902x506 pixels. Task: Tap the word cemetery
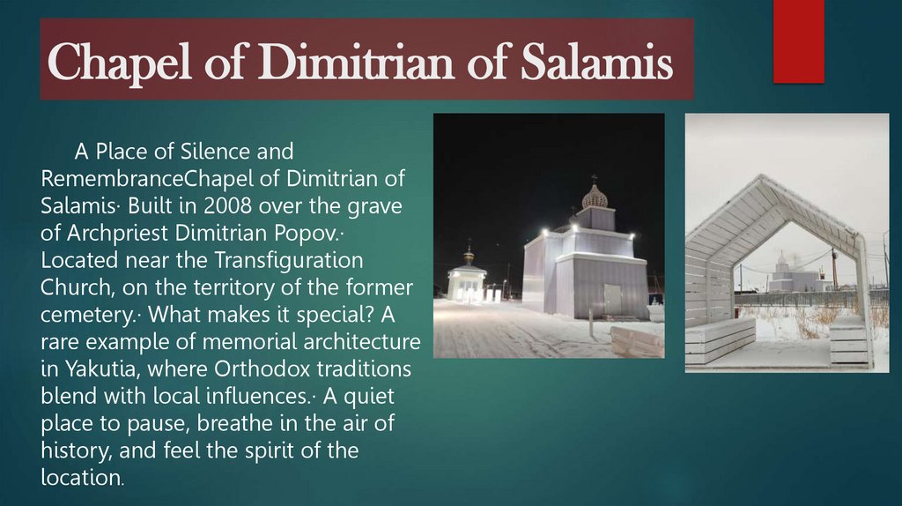[85, 316]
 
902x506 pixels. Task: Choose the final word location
[80, 478]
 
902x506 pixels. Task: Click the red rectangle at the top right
[798, 41]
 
